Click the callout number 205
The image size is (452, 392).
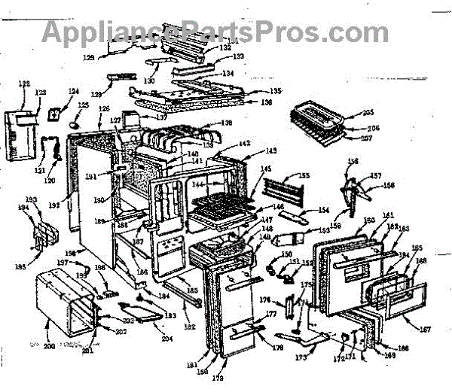[x=368, y=113]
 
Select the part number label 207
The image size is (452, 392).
[x=367, y=138]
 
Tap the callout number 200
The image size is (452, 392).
[x=50, y=346]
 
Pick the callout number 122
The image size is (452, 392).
[x=24, y=84]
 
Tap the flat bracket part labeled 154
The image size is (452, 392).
[x=295, y=217]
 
